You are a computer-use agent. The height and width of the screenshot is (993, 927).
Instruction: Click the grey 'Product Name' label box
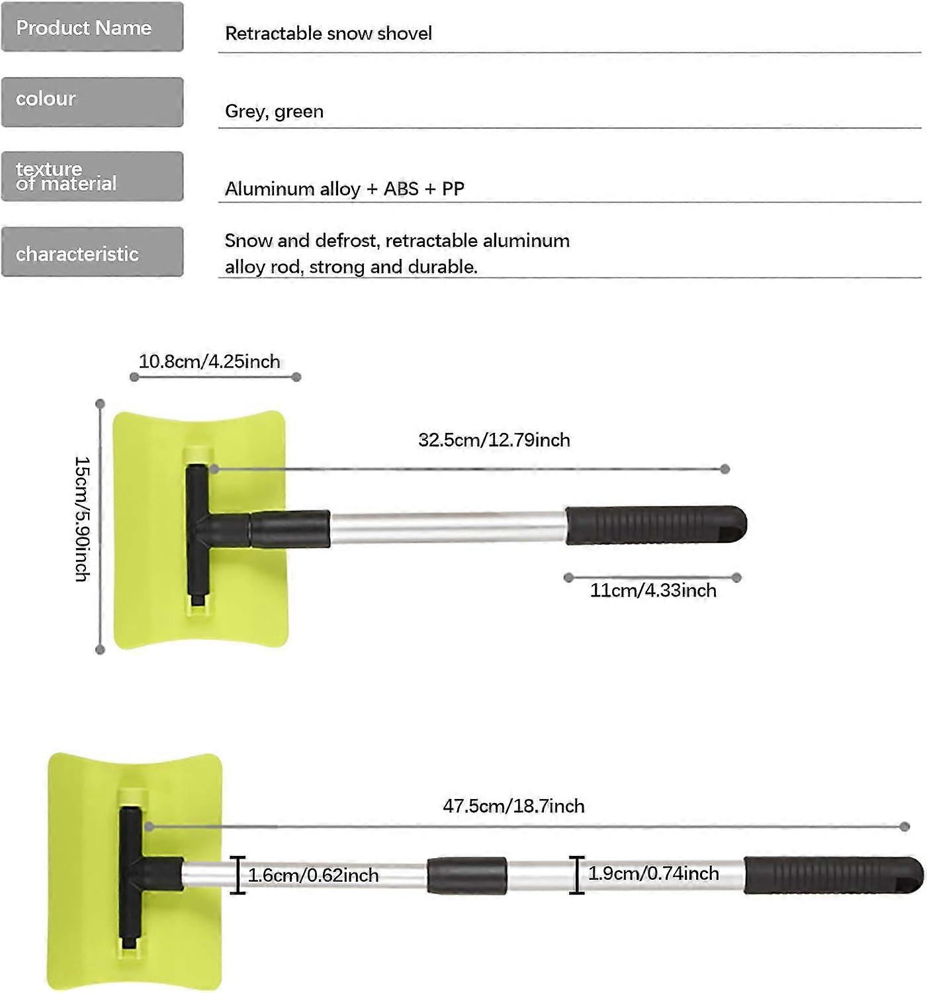pyautogui.click(x=92, y=27)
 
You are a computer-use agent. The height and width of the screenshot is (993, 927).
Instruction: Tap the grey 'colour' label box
pyautogui.click(x=92, y=102)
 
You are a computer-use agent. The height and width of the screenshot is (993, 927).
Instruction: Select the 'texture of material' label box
pyautogui.click(x=92, y=176)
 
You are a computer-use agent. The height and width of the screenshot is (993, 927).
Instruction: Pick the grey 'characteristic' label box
pyautogui.click(x=92, y=252)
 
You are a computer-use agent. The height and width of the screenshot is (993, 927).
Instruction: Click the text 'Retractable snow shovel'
pyautogui.click(x=328, y=33)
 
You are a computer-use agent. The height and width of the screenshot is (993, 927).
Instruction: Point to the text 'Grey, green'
pyautogui.click(x=274, y=111)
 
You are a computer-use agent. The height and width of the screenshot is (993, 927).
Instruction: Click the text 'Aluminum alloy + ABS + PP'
pyautogui.click(x=344, y=189)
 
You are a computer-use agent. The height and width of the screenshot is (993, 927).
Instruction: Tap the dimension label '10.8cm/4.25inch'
pyautogui.click(x=209, y=361)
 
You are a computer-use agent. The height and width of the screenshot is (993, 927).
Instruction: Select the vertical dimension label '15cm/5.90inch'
pyautogui.click(x=82, y=519)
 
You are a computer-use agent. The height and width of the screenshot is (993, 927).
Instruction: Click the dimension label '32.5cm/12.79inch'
pyautogui.click(x=494, y=440)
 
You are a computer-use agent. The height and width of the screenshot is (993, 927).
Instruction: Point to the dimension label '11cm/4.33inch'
pyautogui.click(x=653, y=590)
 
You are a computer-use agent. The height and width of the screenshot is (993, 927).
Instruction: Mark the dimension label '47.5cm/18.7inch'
pyautogui.click(x=513, y=806)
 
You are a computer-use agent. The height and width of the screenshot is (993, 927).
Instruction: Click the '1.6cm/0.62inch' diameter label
pyautogui.click(x=313, y=875)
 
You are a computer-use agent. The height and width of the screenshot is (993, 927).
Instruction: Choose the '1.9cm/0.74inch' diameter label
pyautogui.click(x=653, y=873)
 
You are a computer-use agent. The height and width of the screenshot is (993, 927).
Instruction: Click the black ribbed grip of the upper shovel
pyautogui.click(x=655, y=526)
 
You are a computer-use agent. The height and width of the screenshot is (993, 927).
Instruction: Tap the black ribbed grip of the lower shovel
pyautogui.click(x=832, y=875)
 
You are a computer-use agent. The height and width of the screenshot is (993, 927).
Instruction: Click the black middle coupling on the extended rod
pyautogui.click(x=466, y=875)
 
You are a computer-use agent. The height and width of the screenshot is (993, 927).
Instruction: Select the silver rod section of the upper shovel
pyautogui.click(x=447, y=528)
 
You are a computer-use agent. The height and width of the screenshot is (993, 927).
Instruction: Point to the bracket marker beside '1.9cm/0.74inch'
pyautogui.click(x=577, y=875)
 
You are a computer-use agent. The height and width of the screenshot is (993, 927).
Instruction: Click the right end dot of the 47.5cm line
pyautogui.click(x=905, y=826)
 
